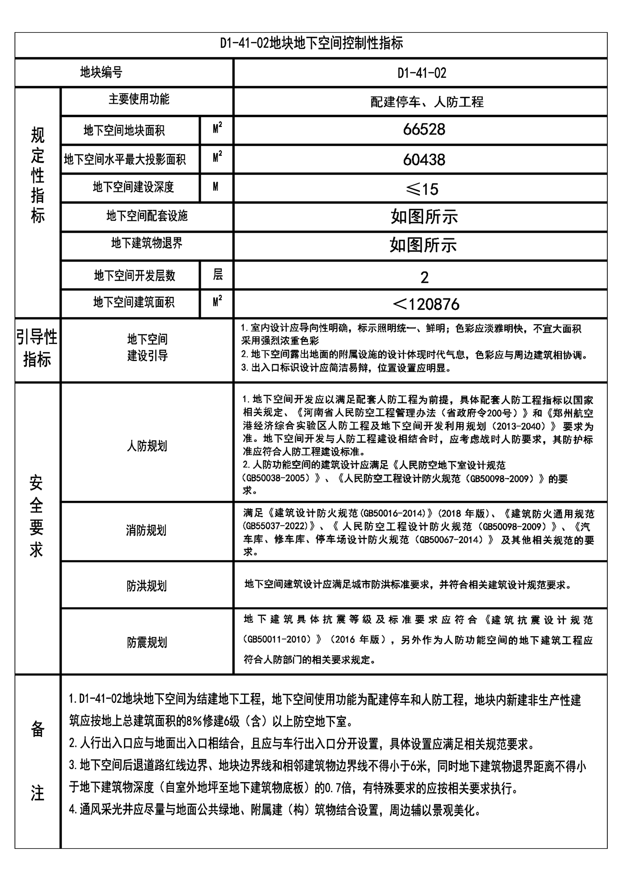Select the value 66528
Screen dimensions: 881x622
pyautogui.click(x=424, y=130)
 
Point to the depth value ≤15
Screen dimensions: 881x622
pyautogui.click(x=422, y=189)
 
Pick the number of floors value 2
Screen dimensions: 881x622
pyautogui.click(x=424, y=277)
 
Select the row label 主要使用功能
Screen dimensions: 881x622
pyautogui.click(x=139, y=99)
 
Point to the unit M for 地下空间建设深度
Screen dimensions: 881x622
pyautogui.click(x=216, y=187)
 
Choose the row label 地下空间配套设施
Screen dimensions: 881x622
pyautogui.click(x=147, y=216)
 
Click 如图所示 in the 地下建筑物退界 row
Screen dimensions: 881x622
pyautogui.click(x=423, y=245)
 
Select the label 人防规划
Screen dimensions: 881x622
pyautogui.click(x=147, y=446)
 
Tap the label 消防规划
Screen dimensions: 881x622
pyautogui.click(x=146, y=530)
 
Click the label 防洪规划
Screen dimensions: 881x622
pyautogui.click(x=146, y=586)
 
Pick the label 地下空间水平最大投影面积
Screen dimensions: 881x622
pyautogui.click(x=125, y=159)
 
